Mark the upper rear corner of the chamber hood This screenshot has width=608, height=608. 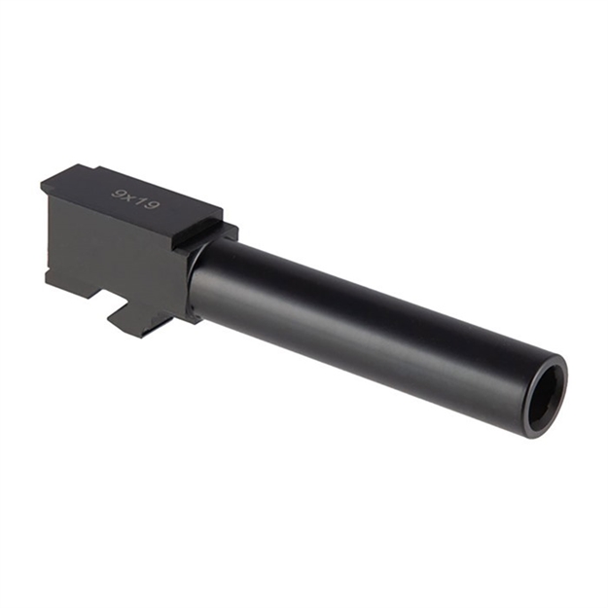point(43,184)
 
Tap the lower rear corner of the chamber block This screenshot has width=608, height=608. point(48,281)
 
